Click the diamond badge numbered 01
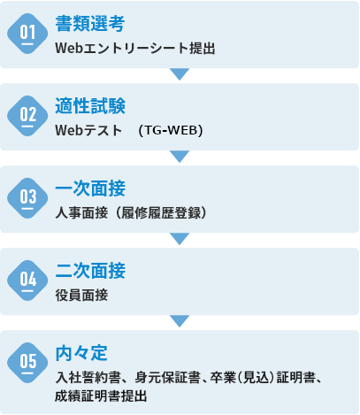(x=27, y=34)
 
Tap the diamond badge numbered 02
(x=27, y=116)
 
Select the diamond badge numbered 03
(x=27, y=198)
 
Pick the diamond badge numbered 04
(x=27, y=281)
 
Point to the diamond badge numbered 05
(x=27, y=363)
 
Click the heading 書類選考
(x=90, y=24)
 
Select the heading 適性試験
(x=90, y=106)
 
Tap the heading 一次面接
(x=90, y=188)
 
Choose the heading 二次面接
(x=90, y=271)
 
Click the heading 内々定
(x=81, y=353)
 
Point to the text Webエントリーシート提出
(x=135, y=48)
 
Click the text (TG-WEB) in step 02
(x=171, y=130)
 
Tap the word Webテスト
(x=88, y=130)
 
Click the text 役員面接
(x=81, y=295)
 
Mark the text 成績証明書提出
(x=101, y=396)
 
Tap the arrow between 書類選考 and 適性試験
(x=180, y=74)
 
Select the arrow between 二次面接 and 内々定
(x=180, y=321)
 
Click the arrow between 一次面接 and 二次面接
(x=180, y=239)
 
